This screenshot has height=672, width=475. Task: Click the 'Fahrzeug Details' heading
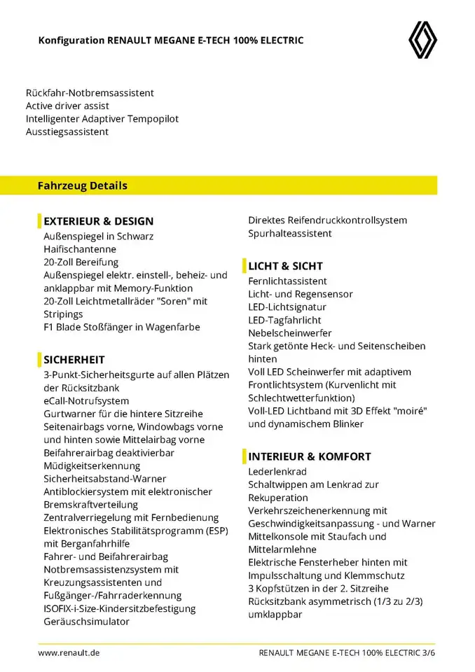click(83, 185)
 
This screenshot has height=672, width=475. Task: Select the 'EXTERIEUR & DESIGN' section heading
click(98, 221)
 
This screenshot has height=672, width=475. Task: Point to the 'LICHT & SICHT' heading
click(285, 266)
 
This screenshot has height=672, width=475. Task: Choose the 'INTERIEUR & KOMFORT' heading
click(310, 456)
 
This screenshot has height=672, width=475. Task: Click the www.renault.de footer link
click(69, 652)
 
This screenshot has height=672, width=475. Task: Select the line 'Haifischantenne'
click(80, 248)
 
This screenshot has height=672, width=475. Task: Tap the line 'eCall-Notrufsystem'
click(86, 401)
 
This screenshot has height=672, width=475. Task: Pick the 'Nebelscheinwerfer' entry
click(290, 332)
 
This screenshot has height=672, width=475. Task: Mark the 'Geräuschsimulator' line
click(86, 621)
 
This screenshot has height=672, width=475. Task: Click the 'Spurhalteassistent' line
click(290, 233)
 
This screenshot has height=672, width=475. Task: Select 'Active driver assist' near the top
click(67, 106)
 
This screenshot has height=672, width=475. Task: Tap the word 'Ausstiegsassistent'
click(67, 132)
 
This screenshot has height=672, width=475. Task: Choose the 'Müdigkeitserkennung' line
click(92, 465)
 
